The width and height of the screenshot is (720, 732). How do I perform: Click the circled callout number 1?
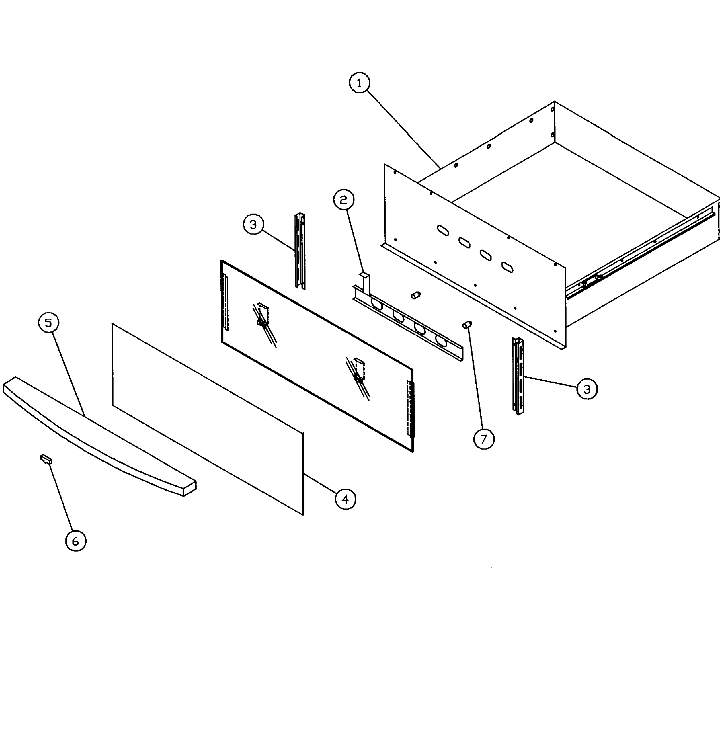pos(359,83)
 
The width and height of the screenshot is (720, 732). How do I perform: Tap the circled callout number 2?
pos(343,200)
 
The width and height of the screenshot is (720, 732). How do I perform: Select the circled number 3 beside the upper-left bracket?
pos(253,224)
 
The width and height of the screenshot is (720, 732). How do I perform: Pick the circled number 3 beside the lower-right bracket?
pos(587,389)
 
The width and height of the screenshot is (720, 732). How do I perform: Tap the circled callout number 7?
pos(484,439)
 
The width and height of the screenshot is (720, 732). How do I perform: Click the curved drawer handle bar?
pos(98,435)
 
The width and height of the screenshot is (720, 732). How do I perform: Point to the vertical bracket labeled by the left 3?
pos(300,251)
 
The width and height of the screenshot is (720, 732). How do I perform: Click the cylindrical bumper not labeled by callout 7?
pos(416,295)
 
